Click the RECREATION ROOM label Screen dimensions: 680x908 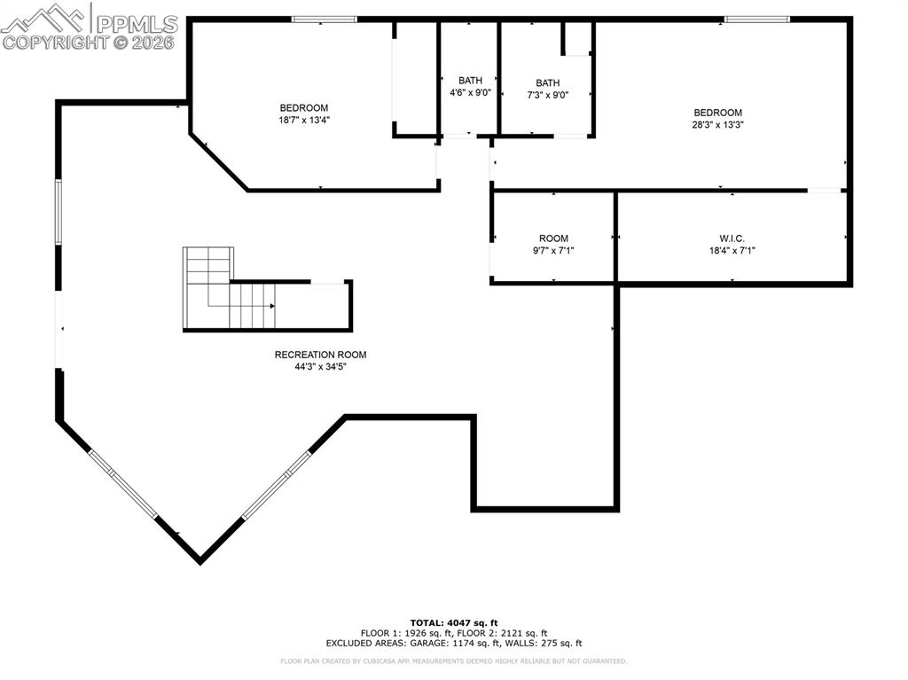(320, 355)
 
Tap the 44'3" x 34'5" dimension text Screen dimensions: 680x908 (320, 366)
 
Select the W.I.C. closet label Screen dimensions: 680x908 (732, 238)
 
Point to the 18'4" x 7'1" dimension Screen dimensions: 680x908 (732, 250)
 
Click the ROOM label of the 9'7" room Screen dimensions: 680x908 (553, 238)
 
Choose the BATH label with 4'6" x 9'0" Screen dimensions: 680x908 (470, 81)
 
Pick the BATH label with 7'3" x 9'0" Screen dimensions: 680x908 (547, 83)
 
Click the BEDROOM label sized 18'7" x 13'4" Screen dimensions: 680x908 (304, 108)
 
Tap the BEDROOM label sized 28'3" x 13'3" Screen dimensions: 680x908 (717, 113)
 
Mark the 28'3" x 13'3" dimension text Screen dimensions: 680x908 (717, 125)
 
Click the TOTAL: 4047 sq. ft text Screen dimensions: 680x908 (453, 622)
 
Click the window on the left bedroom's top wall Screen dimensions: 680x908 (325, 19)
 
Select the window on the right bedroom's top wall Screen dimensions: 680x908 (756, 19)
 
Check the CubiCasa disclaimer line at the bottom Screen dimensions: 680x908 (453, 660)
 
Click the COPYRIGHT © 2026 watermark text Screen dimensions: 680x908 (89, 42)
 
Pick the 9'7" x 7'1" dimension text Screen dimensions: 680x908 (553, 250)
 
